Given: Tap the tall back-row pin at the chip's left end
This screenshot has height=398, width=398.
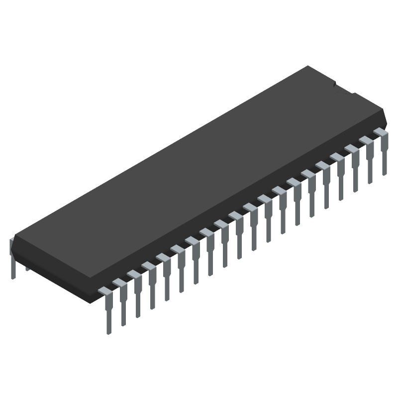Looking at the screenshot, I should tap(12, 259).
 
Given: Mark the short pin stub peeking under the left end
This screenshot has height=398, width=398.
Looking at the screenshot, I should tap(27, 268).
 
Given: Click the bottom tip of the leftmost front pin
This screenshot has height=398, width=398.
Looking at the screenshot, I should tap(108, 331).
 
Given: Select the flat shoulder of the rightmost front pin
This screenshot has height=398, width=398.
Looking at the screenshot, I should tap(380, 132).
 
